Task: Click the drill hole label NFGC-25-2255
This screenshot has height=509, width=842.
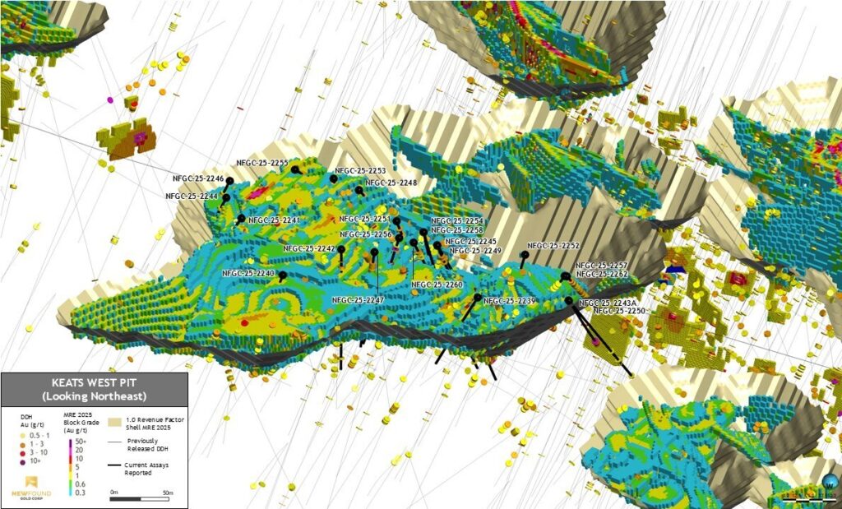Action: pos(261,164)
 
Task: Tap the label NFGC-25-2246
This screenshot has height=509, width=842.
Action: pos(198,178)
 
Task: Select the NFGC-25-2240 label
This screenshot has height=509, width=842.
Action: pos(248,273)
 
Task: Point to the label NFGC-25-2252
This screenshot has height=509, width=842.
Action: pos(553,246)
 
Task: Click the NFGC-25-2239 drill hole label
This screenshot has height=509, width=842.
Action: pos(510,302)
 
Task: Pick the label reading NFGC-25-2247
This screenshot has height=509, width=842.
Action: pos(358,301)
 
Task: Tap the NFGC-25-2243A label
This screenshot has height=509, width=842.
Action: pos(608,303)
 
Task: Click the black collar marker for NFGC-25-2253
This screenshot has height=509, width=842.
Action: pos(334,178)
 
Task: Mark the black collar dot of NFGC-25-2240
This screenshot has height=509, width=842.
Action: pos(283,275)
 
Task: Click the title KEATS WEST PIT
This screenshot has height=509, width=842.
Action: pos(94,384)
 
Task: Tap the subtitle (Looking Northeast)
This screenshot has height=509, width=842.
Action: pos(94,396)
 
